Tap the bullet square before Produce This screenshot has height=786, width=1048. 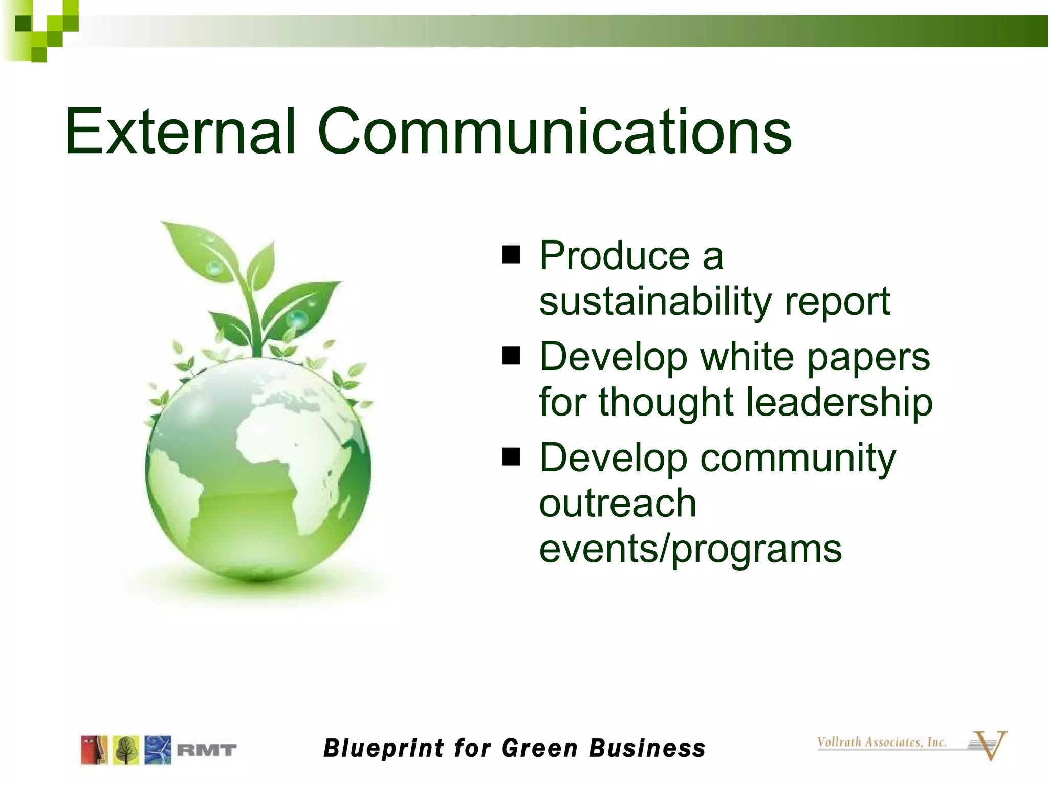click(510, 254)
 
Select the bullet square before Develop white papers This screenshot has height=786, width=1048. click(510, 356)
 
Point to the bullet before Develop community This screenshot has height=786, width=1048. click(510, 456)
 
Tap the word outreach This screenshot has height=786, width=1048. click(618, 503)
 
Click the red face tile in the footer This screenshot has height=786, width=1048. click(94, 750)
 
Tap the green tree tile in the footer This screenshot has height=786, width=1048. click(126, 750)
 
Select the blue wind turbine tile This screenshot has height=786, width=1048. click(158, 750)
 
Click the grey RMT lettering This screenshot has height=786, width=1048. click(206, 751)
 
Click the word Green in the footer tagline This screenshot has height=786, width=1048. click(539, 748)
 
